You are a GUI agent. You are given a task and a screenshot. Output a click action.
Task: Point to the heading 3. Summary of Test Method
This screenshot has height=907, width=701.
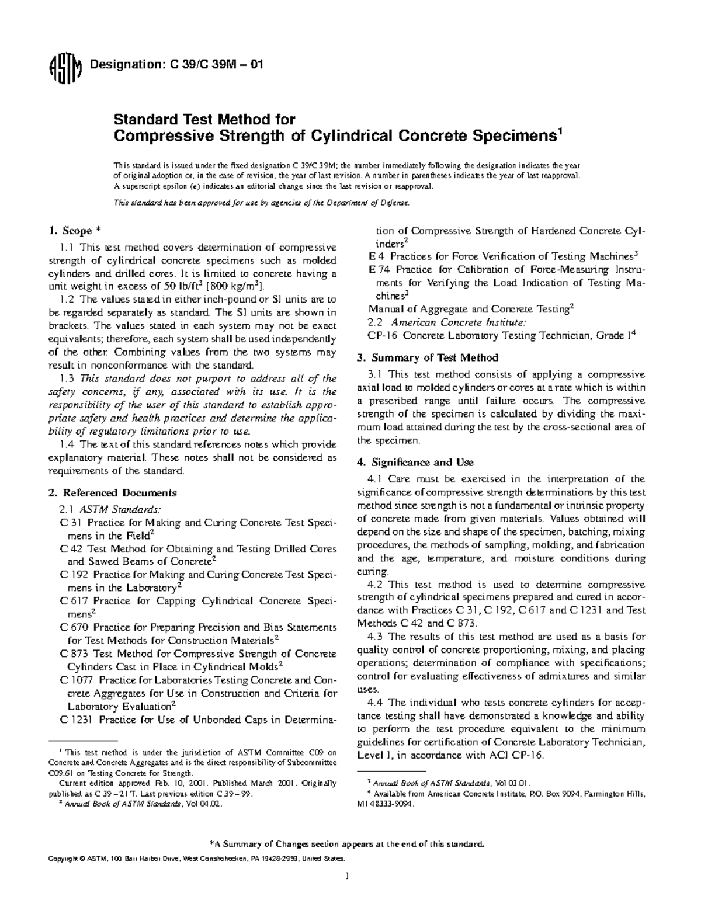pos(427,357)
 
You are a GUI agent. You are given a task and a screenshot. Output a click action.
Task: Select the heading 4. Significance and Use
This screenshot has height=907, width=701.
pos(415,463)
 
